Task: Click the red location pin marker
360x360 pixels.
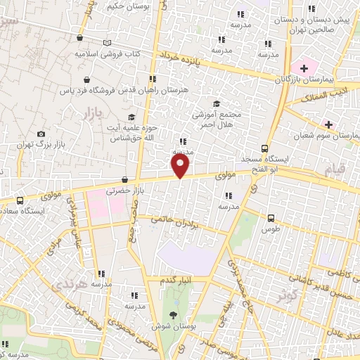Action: point(181,165)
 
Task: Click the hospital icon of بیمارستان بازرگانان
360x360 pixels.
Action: point(304,68)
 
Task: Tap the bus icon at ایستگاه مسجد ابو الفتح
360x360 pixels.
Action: point(264,148)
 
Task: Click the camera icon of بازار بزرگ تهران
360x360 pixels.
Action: point(41,134)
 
